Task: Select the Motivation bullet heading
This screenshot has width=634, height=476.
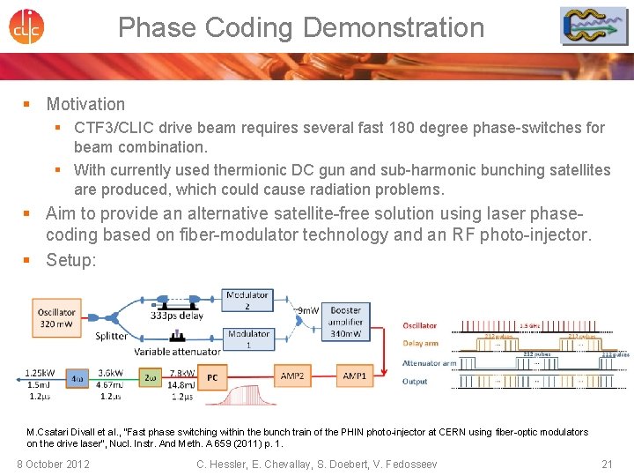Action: [x=85, y=104]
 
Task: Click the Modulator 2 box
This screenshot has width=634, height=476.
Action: [x=248, y=301]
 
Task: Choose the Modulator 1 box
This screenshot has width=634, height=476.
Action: [x=248, y=339]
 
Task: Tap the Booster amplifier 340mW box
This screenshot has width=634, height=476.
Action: [x=346, y=323]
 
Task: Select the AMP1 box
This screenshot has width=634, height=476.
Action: [x=355, y=376]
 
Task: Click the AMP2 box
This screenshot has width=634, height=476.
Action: [x=292, y=376]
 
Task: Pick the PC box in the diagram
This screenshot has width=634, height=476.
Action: [x=213, y=376]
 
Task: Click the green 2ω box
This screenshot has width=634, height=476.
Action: [x=151, y=376]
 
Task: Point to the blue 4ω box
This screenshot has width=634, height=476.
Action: [x=77, y=376]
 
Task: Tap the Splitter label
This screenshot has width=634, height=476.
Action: [x=111, y=335]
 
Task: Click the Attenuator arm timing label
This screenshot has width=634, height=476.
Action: [x=429, y=363]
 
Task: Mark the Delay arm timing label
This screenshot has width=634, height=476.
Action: [x=420, y=344]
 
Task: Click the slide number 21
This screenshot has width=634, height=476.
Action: [x=607, y=464]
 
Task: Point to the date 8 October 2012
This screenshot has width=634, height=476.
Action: [x=53, y=464]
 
